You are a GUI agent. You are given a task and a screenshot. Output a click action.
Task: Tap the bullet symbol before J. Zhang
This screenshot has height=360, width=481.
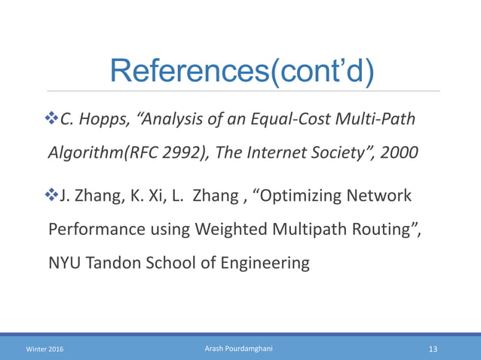coord(52,196)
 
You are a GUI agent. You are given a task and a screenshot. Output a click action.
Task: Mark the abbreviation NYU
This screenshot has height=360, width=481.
coord(64,264)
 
